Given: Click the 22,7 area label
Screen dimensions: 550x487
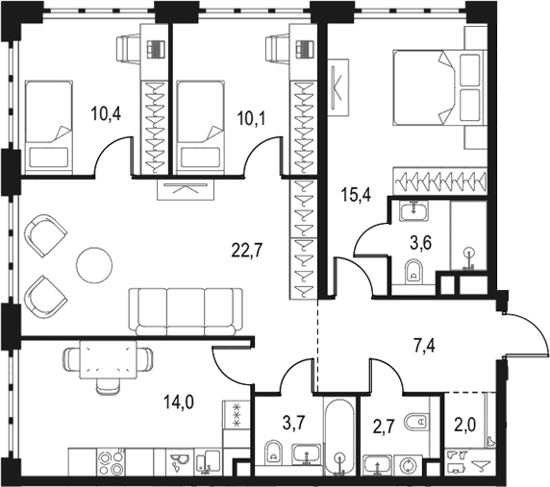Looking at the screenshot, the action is pos(247,250).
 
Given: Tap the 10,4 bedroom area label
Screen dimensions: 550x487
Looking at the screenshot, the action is pos(107,114).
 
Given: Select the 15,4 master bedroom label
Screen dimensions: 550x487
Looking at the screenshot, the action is pos(357,194).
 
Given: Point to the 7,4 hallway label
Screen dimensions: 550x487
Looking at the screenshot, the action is pos(423,347).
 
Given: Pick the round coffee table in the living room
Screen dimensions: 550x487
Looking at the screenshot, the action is pos(94,264).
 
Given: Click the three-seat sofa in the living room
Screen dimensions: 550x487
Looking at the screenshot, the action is pos(186,311).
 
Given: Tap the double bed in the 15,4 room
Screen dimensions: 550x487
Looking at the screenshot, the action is pos(439,87).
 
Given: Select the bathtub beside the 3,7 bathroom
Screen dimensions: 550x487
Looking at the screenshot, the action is pos(338,435).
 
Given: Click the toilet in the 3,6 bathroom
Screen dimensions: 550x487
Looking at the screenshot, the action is pos(413,272).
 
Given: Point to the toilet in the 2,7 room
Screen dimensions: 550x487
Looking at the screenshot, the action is pos(417,422).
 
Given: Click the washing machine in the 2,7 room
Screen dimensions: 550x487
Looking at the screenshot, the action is pos(409,465).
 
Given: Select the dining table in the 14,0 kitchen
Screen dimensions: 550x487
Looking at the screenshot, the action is pos(108,359).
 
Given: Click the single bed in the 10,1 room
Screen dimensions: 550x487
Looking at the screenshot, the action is pos(201,127).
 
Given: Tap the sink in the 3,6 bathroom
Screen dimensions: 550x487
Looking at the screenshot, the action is pos(413,211).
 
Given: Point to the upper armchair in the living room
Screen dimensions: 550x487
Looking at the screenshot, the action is pos(45,235).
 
